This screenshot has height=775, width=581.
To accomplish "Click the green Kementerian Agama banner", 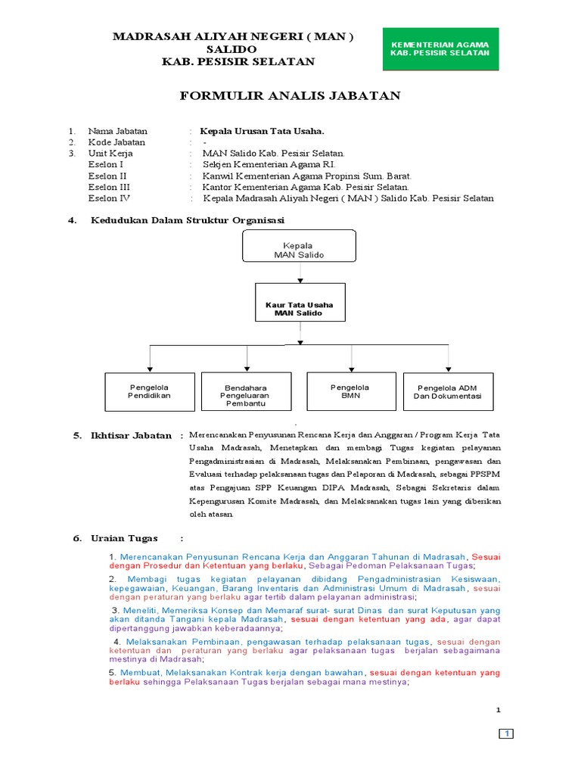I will tap(440, 48).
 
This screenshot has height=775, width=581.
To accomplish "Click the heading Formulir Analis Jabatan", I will tap(290, 96).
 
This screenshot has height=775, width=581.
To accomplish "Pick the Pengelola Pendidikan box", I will tap(149, 391).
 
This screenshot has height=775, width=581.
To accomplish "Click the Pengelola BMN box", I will tap(350, 391).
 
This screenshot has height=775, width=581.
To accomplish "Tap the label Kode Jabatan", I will tap(117, 142).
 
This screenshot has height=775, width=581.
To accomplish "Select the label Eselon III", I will tap(110, 187).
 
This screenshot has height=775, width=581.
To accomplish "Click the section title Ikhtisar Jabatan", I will tap(123, 436).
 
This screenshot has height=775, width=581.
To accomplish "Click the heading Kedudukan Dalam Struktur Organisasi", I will tap(187, 220).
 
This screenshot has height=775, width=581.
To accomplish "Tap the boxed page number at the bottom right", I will tap(506, 734).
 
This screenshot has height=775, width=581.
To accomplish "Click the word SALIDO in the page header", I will tap(232, 48).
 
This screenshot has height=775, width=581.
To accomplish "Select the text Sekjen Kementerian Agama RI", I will tap(269, 164).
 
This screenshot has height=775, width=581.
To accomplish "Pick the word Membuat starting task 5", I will tap(140, 672).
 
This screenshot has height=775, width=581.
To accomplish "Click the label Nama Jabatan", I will tap(117, 131).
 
